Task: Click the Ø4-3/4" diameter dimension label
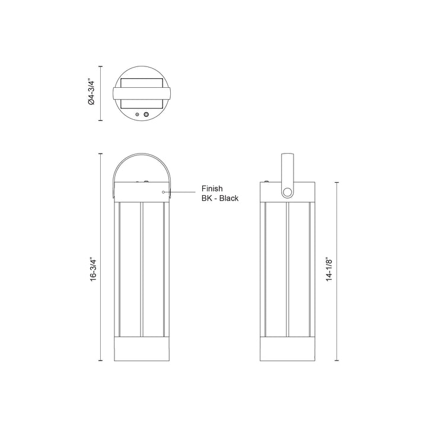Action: point(91,93)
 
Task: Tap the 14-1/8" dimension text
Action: point(330,269)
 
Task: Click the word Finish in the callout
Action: point(212,189)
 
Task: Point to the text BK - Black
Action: point(220,198)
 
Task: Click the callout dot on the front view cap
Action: point(163,192)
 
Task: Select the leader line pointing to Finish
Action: point(180,192)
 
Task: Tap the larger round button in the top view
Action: point(146,114)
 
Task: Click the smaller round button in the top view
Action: point(137,114)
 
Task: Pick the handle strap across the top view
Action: point(142,93)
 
